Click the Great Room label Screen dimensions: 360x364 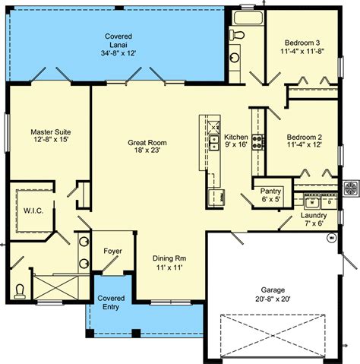pyautogui.click(x=147, y=143)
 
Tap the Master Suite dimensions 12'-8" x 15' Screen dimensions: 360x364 pyautogui.click(x=51, y=139)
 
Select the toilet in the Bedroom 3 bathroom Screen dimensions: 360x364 pyautogui.click(x=237, y=35)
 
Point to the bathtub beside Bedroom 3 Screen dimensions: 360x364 pyautogui.click(x=248, y=17)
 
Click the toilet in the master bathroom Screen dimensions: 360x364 pyautogui.click(x=20, y=292)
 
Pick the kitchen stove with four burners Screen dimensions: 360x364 pyautogui.click(x=257, y=142)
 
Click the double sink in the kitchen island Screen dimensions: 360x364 pyautogui.click(x=214, y=143)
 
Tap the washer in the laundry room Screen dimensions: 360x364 pyautogui.click(x=312, y=202)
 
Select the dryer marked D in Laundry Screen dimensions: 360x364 pyautogui.click(x=329, y=202)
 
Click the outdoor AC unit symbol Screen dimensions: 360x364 pyautogui.click(x=351, y=188)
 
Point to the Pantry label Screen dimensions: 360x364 pyautogui.click(x=270, y=191)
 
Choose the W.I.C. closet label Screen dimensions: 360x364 pyautogui.click(x=33, y=210)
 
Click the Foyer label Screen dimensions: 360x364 pyautogui.click(x=112, y=251)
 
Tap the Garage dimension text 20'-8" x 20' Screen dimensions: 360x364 pyautogui.click(x=273, y=299)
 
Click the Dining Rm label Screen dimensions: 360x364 pyautogui.click(x=169, y=258)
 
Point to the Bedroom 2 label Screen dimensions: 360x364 pyautogui.click(x=305, y=138)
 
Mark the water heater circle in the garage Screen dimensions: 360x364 pyautogui.click(x=332, y=238)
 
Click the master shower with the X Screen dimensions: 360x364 pyautogui.click(x=55, y=287)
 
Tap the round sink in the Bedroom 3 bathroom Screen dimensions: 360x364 pyautogui.click(x=235, y=58)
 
